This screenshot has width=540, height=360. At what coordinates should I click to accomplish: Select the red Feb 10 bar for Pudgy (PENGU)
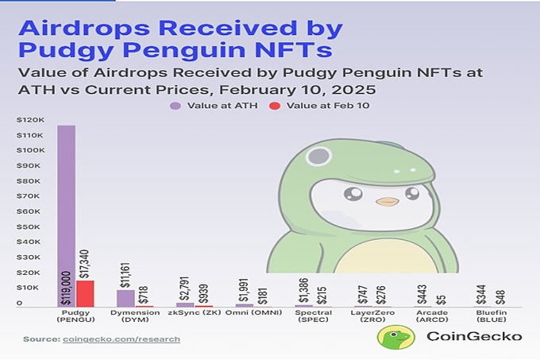coord(85,293)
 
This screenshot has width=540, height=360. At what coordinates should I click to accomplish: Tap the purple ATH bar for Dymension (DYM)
coord(125,298)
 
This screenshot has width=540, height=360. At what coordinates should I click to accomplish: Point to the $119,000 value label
coord(66,285)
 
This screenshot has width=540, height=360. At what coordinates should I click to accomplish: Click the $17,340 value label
coord(85,261)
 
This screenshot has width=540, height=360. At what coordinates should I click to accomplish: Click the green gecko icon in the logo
coord(394,337)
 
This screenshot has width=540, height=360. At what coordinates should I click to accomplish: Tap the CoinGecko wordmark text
coord(474,336)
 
